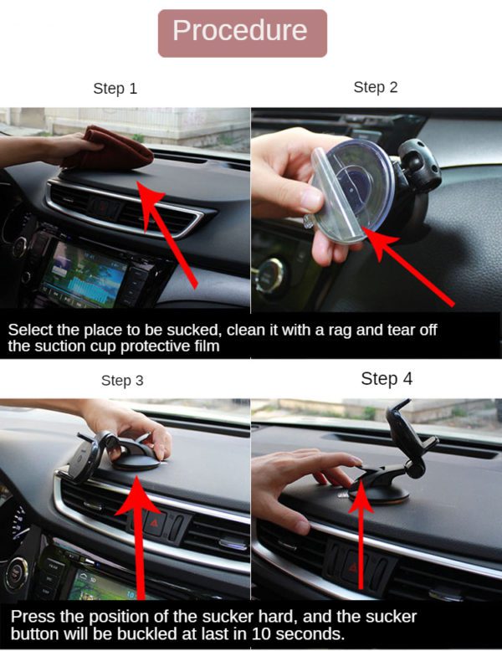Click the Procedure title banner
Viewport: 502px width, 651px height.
pos(243,33)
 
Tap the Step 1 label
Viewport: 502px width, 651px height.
pos(115,89)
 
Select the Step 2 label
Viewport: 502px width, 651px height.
pos(376,87)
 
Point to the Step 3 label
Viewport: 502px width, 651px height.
pos(122,380)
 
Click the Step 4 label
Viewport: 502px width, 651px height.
pos(387,379)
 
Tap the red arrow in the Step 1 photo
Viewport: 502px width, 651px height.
pos(166,234)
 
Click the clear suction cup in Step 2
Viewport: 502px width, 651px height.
pos(353,191)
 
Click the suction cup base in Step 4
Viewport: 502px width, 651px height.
pos(379,493)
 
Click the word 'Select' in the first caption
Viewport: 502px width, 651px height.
pos(30,330)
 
